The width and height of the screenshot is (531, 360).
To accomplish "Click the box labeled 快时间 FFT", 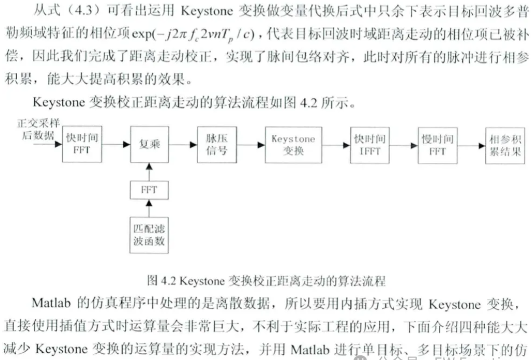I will pos(82,144).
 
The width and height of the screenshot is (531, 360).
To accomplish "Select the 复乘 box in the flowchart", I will pos(149,144).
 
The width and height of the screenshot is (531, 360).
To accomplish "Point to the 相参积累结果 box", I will pos(505,145).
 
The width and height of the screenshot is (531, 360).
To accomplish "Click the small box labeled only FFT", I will pos(149,189).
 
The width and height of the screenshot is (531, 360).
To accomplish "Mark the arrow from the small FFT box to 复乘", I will pos(149,170).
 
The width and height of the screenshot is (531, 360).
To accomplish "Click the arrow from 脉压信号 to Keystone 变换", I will pos(251,145).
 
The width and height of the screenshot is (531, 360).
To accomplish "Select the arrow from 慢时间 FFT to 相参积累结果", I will pos(471,145).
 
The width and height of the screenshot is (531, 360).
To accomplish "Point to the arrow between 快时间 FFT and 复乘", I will pos(115,144).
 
